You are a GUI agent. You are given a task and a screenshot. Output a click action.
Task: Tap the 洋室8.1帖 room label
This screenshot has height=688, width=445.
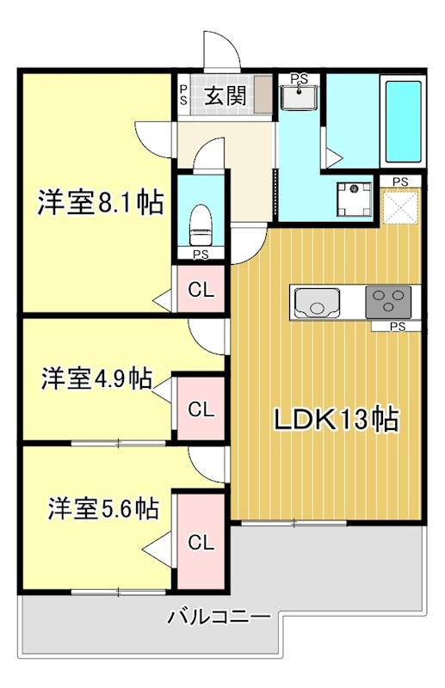coord(100,204)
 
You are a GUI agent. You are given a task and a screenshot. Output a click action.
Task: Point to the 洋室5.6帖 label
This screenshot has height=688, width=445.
coord(102,508)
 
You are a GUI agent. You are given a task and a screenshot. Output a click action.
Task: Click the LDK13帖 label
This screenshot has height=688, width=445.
coord(335,420)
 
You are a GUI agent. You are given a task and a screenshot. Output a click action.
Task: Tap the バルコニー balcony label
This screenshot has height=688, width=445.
coord(219,617)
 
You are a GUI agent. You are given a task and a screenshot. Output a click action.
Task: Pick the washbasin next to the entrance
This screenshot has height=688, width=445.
coord(300,97)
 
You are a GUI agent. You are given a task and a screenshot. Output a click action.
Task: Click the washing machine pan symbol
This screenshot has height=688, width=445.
coord(354,199)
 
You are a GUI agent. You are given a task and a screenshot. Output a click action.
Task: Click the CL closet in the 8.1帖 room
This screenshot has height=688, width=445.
coord(201,290)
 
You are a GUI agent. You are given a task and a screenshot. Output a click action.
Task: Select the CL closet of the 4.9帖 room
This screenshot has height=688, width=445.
coord(201,410)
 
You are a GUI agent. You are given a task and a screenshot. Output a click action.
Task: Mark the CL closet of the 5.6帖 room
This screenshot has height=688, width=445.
coord(201,542)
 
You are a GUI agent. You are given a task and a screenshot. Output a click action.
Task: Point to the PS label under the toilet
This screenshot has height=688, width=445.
coord(201,254)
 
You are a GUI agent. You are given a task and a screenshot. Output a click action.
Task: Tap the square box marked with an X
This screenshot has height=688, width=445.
coord(400,206)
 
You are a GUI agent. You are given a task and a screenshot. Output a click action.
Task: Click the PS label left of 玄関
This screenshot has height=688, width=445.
coord(183,93)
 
